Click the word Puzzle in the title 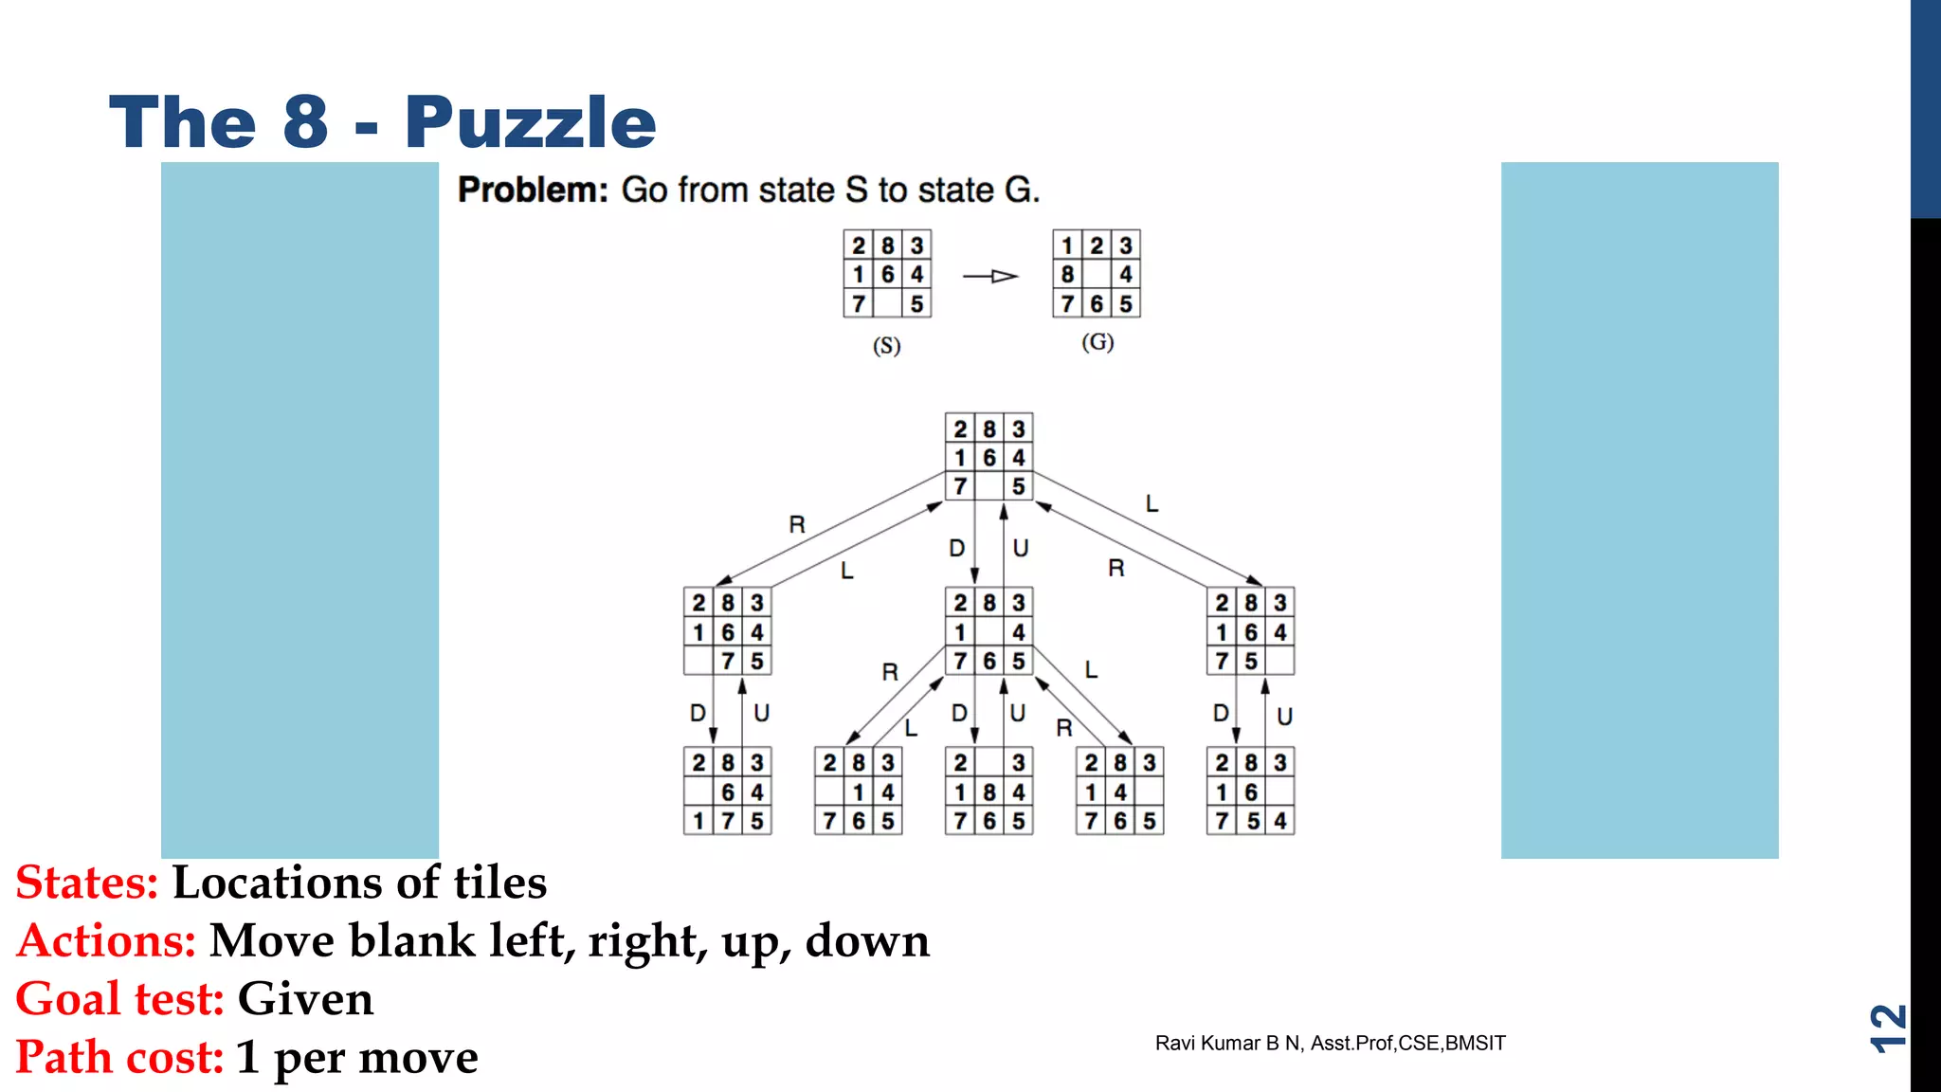(530, 123)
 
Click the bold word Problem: (533, 190)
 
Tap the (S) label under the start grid (886, 346)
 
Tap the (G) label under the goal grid (1097, 342)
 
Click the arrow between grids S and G (990, 276)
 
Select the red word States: (87, 883)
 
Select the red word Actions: (106, 941)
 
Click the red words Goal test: (119, 999)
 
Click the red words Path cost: (119, 1057)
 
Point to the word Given (305, 999)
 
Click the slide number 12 (1887, 1028)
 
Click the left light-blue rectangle (299, 510)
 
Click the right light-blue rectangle (1640, 510)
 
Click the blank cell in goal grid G (1097, 275)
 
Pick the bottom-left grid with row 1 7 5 (727, 792)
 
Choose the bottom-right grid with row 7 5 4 (1250, 792)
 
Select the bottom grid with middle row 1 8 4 (989, 792)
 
